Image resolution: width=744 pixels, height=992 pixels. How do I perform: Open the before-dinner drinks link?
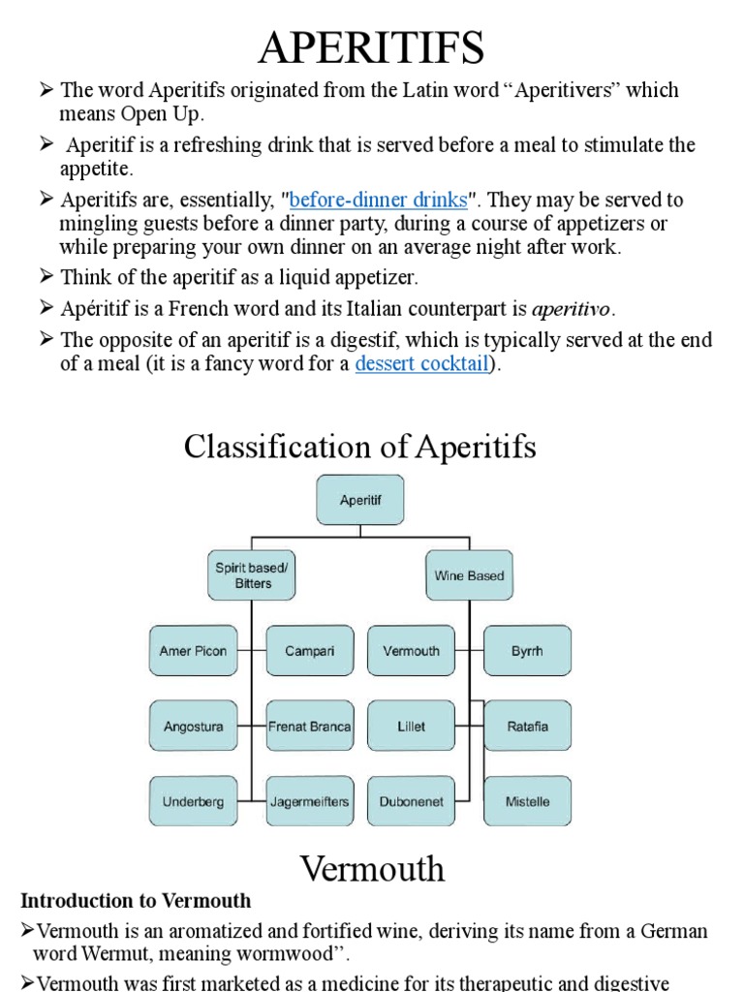coord(378,201)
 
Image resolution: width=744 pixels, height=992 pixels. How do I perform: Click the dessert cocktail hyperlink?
coord(423,365)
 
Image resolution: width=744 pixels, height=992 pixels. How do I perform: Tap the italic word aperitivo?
coord(572,310)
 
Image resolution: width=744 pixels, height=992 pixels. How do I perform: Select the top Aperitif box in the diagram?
coord(359,501)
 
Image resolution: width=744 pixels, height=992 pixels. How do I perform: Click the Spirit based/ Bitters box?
coord(252,575)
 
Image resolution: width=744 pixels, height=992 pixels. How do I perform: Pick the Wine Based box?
coord(469,575)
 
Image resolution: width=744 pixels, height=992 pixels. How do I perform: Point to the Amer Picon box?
coord(193,651)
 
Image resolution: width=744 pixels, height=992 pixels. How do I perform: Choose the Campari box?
coord(310,651)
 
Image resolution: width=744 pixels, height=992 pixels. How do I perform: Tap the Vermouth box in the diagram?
coord(411,651)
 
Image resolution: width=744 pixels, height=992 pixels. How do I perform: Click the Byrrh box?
coord(527,651)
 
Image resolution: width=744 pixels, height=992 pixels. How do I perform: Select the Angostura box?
coord(193,727)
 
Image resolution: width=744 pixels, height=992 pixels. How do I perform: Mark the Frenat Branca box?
coord(310,727)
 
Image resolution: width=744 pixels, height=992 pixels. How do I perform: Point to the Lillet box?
coord(411,727)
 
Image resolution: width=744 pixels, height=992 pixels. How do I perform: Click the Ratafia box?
coord(527,727)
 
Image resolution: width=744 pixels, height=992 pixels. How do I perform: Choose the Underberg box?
coord(193,802)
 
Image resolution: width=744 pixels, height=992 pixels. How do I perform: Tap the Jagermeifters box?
coord(310,802)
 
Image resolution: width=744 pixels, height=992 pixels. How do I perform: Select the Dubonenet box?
coord(411,802)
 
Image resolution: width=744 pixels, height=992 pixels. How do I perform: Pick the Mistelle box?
coord(527,802)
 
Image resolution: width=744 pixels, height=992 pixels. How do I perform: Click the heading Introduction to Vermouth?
coord(137,900)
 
